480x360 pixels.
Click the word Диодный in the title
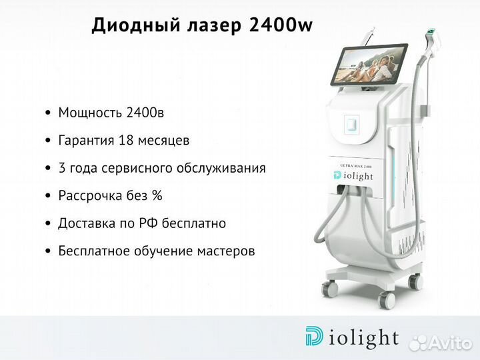point(136,25)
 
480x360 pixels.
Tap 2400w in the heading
point(281,25)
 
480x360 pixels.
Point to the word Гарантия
point(86,141)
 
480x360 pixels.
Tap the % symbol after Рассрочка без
point(157,195)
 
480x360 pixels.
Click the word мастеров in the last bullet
point(226,251)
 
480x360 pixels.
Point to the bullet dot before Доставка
point(47,223)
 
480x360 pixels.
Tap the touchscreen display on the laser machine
point(369,65)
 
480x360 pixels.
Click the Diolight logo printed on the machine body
point(353,176)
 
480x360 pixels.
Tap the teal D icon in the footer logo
point(314,336)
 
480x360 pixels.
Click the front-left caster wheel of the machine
point(330,288)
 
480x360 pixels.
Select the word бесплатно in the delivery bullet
point(194,223)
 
